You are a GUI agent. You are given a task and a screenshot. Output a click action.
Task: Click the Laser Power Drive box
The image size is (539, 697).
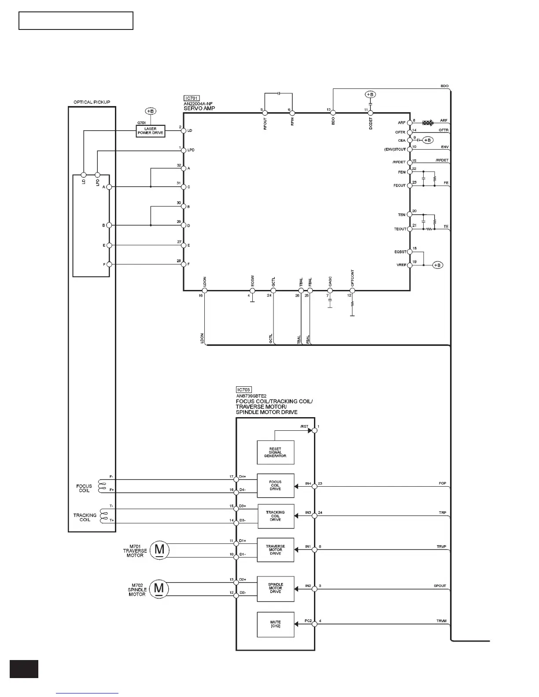pyautogui.click(x=150, y=131)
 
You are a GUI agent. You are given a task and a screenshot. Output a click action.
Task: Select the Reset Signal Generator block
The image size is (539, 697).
pyautogui.click(x=275, y=452)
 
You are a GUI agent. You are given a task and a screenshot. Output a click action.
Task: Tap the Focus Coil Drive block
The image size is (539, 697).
pyautogui.click(x=275, y=485)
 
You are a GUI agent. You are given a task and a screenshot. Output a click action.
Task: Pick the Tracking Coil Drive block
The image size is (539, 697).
pyautogui.click(x=275, y=516)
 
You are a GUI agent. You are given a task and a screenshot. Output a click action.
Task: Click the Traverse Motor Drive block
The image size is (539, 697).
pyautogui.click(x=275, y=550)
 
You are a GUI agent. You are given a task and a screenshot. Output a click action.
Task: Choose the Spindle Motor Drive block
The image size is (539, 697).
pyautogui.click(x=275, y=588)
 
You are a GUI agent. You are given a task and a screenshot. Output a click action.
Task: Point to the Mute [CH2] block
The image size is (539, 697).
pyautogui.click(x=275, y=624)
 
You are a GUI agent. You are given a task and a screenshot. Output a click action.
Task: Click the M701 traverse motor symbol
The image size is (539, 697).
pyautogui.click(x=159, y=550)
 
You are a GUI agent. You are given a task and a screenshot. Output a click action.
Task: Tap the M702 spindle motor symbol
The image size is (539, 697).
pyautogui.click(x=159, y=588)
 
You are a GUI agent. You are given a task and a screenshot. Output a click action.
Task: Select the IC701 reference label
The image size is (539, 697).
pyautogui.click(x=192, y=99)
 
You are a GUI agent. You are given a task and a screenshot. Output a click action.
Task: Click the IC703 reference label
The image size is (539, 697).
pyautogui.click(x=244, y=389)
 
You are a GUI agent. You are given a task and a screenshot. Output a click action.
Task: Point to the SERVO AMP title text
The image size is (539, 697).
pyautogui.click(x=199, y=108)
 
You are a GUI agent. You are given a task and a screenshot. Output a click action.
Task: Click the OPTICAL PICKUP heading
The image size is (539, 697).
pyautogui.click(x=92, y=102)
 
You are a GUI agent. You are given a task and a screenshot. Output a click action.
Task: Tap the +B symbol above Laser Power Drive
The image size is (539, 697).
pyautogui.click(x=150, y=111)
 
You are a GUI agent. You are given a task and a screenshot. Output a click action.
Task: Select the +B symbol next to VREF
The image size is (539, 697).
pyautogui.click(x=437, y=265)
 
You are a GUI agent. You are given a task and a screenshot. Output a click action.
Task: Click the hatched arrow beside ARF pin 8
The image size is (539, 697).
pyautogui.click(x=428, y=123)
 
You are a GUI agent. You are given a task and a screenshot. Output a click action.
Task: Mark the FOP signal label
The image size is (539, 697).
pyautogui.click(x=442, y=483)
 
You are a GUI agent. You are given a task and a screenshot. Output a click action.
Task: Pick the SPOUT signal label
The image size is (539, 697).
pyautogui.click(x=439, y=586)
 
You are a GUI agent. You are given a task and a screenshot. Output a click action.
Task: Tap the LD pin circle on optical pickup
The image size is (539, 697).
pyautogui.click(x=83, y=175)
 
